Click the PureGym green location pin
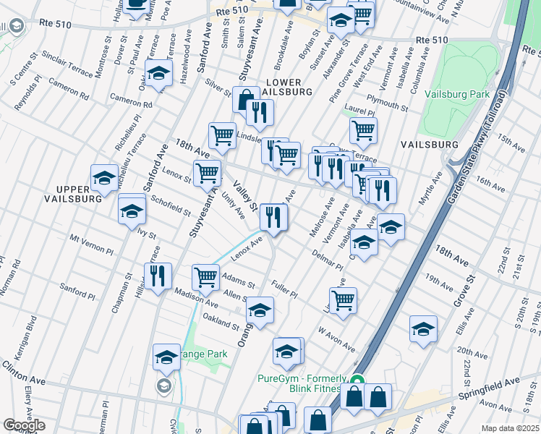(x=357, y=379)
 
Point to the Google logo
(x=24, y=425)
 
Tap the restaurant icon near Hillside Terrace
(x=158, y=275)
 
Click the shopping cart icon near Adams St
(x=206, y=276)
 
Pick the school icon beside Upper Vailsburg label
(x=105, y=176)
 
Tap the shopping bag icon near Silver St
(x=246, y=100)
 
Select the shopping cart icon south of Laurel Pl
(x=363, y=130)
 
